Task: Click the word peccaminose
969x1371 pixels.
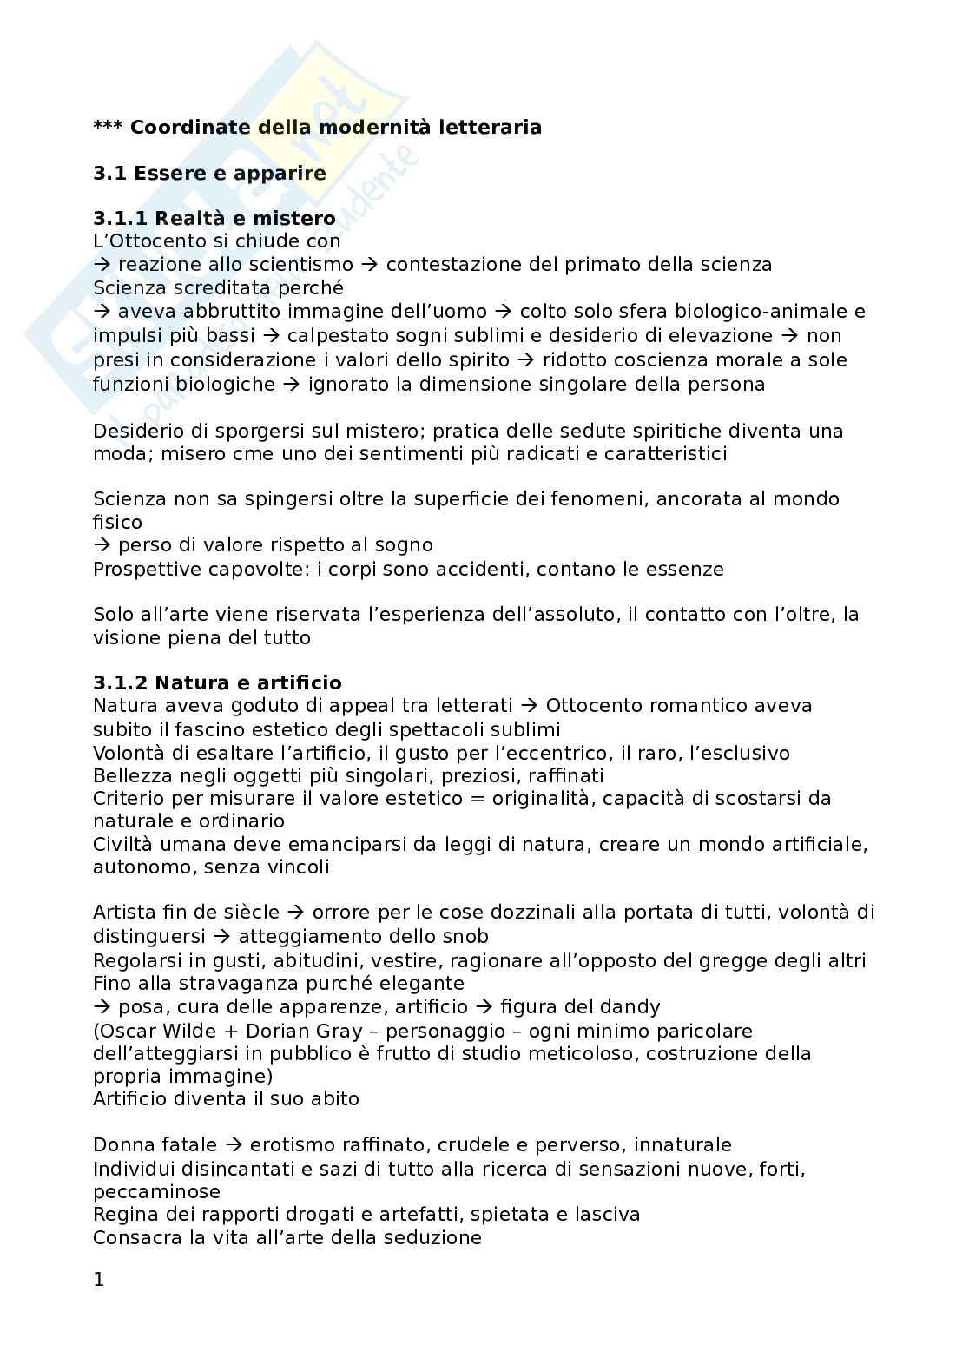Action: click(157, 1191)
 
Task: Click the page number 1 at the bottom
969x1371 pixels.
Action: click(98, 1279)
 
